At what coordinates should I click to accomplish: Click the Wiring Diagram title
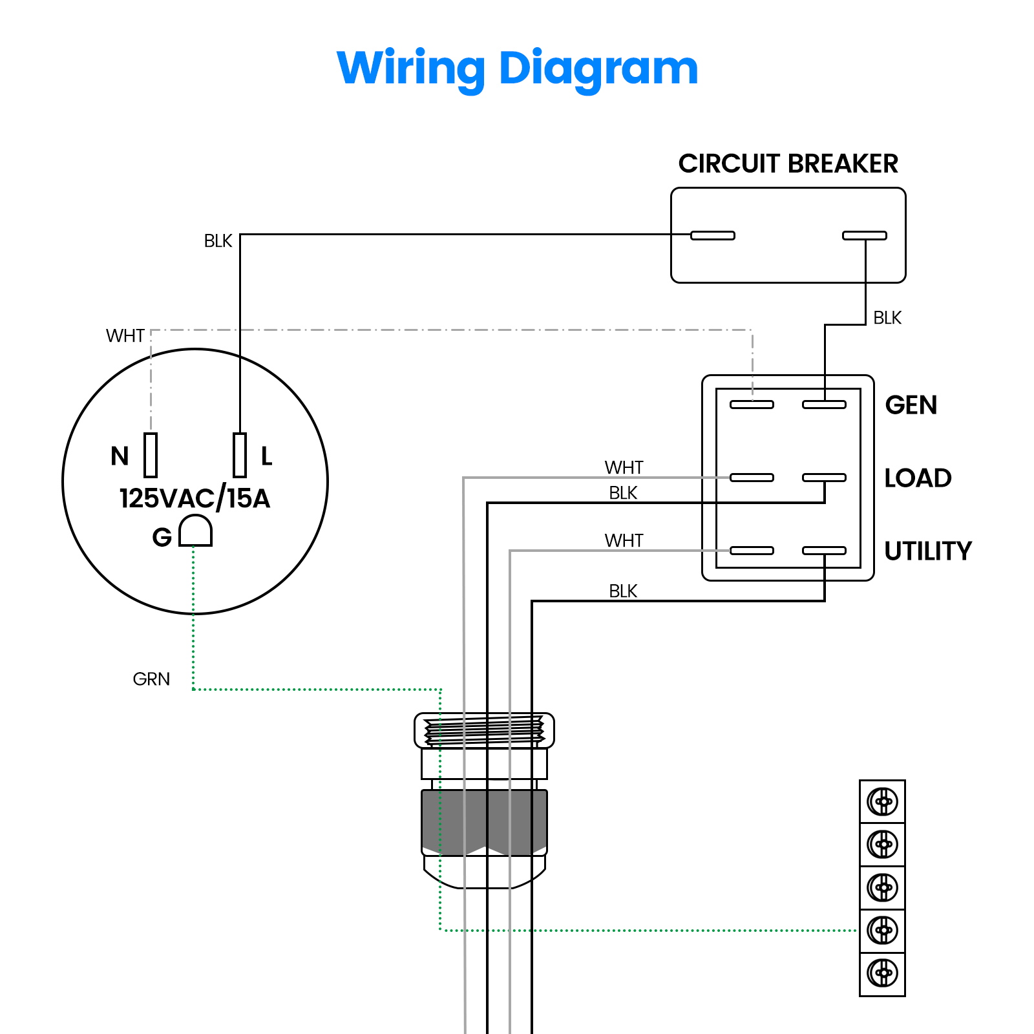coord(518,69)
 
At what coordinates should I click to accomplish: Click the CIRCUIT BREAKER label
coord(788,164)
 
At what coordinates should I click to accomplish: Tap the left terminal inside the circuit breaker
coord(713,235)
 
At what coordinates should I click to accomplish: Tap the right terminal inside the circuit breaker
coord(865,235)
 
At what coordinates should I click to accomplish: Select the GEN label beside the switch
coord(911,405)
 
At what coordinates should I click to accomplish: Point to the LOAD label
coord(918,478)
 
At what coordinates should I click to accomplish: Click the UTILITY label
coord(928,551)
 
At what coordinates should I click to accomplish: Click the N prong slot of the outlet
coord(151,455)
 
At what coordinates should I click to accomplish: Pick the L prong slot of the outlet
coord(240,455)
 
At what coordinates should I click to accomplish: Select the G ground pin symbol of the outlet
coord(195,531)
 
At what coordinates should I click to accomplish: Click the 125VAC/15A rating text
coord(195,498)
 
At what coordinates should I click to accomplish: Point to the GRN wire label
coord(151,679)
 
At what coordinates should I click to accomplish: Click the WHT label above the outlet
coord(125,336)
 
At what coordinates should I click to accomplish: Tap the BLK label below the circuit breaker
coord(887,318)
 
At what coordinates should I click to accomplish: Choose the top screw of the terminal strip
coord(883,802)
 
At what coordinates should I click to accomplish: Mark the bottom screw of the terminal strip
coord(883,973)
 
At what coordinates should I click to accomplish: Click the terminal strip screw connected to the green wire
coord(883,931)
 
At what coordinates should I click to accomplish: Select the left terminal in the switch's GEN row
coord(752,405)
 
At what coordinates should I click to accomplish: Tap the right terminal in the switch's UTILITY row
coord(824,551)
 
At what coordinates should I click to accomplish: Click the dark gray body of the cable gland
coord(484,823)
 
